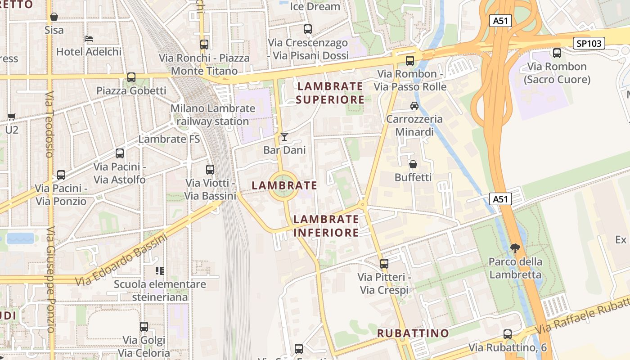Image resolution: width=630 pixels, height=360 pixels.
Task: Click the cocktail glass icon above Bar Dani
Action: coord(284,136)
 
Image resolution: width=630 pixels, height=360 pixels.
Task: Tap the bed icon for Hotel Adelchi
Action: coord(89,39)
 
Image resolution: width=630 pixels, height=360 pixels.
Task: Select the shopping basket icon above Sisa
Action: coord(54,17)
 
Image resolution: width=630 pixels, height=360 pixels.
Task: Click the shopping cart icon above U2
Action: coord(12,117)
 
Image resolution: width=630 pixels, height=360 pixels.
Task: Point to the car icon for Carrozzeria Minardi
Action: coord(414,106)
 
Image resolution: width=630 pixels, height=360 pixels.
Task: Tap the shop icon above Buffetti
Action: coord(413,164)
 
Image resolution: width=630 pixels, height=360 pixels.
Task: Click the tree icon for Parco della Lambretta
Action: coord(515,247)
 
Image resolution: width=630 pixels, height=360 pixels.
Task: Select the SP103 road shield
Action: coord(589,43)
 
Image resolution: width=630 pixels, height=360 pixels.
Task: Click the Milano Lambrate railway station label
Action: coord(213,115)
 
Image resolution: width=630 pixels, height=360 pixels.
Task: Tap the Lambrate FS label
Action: coord(169,139)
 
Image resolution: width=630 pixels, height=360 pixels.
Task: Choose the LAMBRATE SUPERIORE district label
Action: coord(330,93)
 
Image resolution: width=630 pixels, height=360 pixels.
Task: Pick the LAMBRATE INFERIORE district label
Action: coord(326,226)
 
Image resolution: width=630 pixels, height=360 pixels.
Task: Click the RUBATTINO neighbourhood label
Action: coord(413,333)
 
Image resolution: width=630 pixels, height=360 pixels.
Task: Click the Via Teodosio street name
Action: coord(49,124)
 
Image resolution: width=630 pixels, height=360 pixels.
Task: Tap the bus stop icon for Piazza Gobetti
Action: coord(131,77)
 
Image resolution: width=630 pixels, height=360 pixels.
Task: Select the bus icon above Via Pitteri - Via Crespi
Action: coord(384,263)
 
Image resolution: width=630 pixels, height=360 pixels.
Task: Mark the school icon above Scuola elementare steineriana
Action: coord(160,270)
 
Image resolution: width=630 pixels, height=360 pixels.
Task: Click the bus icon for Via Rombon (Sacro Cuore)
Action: coord(557,53)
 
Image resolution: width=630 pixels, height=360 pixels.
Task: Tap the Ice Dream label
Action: coord(315,6)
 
